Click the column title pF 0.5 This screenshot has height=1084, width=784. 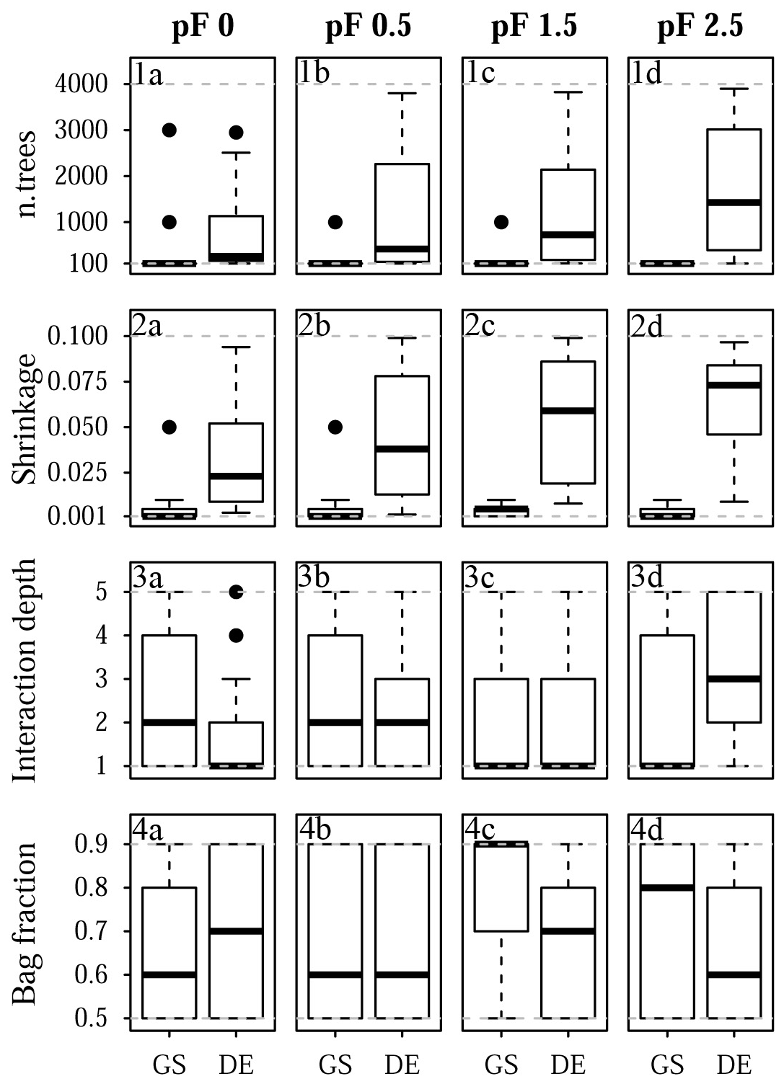coord(368,27)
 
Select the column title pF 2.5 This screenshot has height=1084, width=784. coord(700,27)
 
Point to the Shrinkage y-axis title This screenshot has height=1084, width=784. coord(27,419)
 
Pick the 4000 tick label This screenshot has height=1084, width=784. coord(81,84)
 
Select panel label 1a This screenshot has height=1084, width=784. coord(149,74)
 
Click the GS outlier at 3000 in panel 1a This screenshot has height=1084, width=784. coord(169,130)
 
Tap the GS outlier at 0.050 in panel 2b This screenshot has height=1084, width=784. coord(335,427)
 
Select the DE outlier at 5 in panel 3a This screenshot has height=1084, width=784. coord(236,592)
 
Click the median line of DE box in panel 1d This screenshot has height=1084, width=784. coord(734,203)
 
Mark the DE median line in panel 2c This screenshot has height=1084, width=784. coord(568,410)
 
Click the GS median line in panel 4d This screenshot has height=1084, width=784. coord(667,887)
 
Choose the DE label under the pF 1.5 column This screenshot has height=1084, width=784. coord(568,1065)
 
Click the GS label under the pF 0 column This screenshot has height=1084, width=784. coord(169,1065)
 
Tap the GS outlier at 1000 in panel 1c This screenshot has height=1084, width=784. coord(501,222)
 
